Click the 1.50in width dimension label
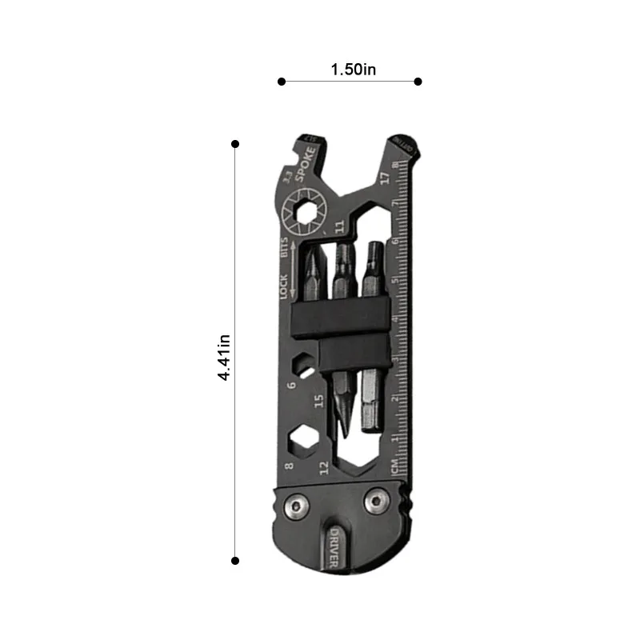coord(353,70)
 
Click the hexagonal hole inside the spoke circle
coord(306,212)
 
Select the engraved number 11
coord(340,227)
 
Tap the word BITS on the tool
coord(284,248)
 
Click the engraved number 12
coord(324,466)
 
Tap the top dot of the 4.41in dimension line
coord(235,144)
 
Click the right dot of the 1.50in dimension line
coord(418,81)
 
